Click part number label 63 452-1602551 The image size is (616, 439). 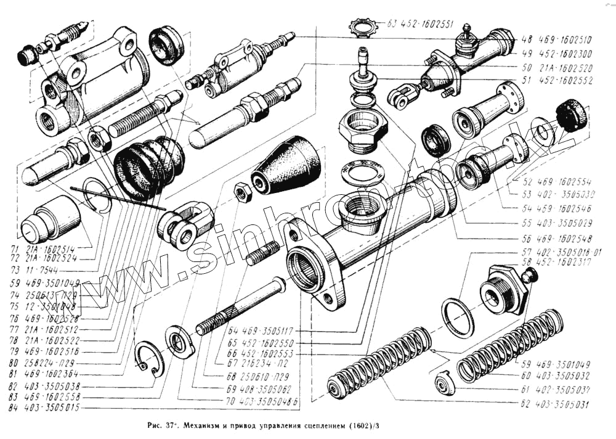pos(421,25)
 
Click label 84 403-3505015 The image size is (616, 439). pos(44,408)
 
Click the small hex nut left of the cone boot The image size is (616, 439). pos(242,193)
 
